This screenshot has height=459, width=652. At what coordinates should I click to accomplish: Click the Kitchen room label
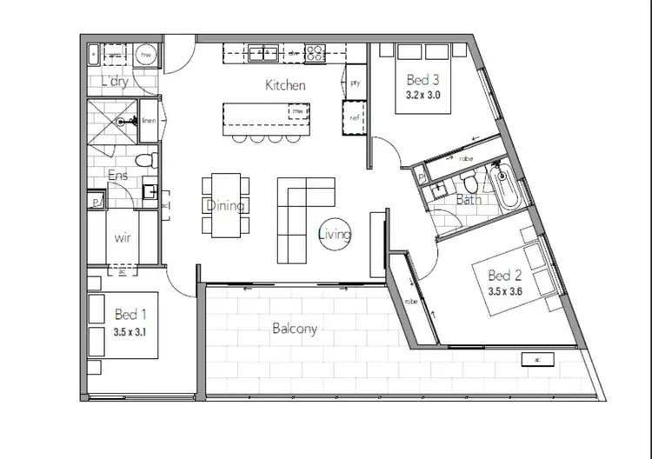click(x=285, y=85)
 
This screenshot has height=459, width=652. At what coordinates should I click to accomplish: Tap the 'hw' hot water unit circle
click(x=146, y=55)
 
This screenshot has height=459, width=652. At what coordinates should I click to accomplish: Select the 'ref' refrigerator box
click(x=354, y=116)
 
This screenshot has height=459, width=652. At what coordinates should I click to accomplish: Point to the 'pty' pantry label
click(x=355, y=83)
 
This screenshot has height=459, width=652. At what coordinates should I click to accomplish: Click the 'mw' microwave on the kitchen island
click(x=297, y=112)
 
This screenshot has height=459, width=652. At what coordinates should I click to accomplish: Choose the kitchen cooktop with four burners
click(x=316, y=54)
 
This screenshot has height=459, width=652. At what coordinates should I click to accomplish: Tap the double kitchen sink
click(x=264, y=54)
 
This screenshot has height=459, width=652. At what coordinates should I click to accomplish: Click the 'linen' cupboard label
click(x=149, y=122)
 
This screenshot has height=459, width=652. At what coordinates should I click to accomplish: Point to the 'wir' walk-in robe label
click(x=123, y=236)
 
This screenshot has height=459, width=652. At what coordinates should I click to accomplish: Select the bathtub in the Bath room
click(x=505, y=183)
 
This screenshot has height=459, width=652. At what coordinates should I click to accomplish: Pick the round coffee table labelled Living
click(x=335, y=234)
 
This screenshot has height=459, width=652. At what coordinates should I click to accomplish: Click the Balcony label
click(x=295, y=329)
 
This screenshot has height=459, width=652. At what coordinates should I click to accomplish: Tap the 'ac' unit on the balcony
click(x=539, y=359)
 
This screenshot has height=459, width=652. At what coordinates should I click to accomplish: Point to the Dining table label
click(x=225, y=206)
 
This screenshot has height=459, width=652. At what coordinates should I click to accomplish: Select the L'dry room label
click(x=114, y=82)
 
